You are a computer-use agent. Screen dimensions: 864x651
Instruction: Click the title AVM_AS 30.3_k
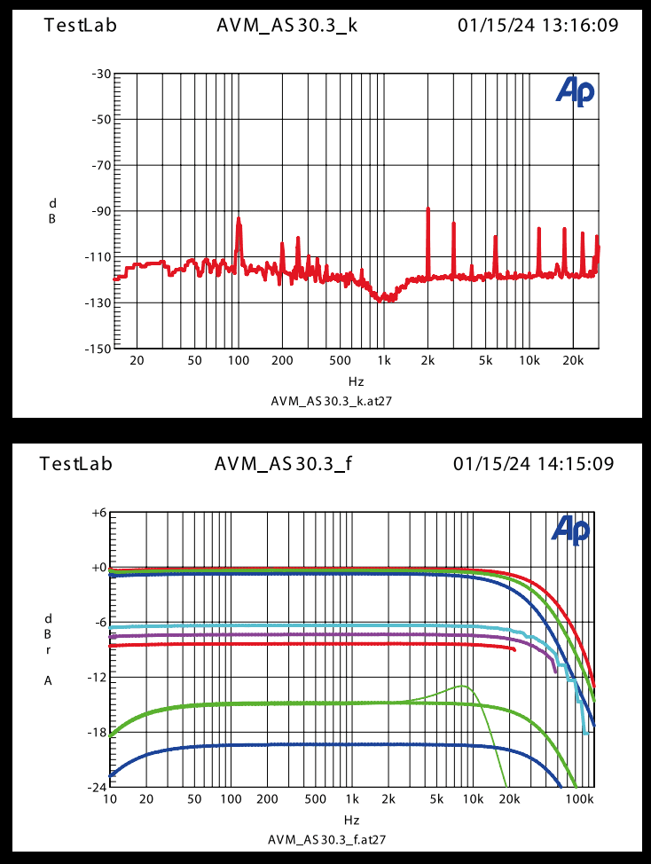tap(287, 25)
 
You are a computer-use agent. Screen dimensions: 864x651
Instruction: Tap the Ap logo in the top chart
tap(575, 90)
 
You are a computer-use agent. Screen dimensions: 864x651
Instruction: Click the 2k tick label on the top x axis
tap(427, 360)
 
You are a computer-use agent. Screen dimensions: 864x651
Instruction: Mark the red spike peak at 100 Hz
tap(239, 218)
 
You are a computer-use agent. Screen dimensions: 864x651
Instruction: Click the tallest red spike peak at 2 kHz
tap(427, 208)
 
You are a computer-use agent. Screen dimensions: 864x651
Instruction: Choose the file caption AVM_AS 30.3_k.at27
tap(331, 401)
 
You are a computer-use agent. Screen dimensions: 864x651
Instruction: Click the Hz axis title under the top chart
tap(356, 381)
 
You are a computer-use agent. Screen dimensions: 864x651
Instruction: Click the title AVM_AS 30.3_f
tap(286, 463)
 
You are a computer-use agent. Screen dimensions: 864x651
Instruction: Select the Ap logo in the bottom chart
tap(569, 529)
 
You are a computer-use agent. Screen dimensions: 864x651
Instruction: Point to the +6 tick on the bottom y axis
tap(98, 513)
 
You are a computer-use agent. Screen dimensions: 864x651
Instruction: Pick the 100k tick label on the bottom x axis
tap(578, 799)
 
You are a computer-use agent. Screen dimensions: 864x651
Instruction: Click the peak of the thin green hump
tap(463, 686)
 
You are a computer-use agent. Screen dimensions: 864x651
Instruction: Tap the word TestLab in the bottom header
tap(76, 463)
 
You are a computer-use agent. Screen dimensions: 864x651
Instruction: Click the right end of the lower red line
tap(514, 649)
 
